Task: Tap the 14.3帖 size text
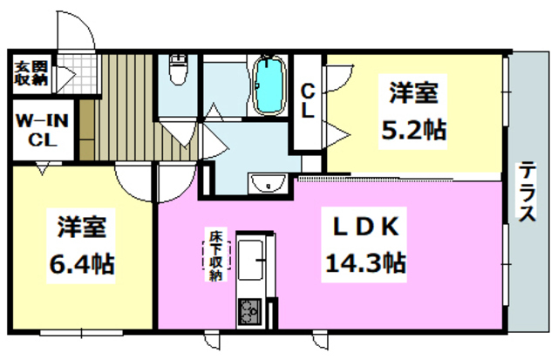click(365, 261)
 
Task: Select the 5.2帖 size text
click(413, 130)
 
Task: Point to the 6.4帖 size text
click(83, 261)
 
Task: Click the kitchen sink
click(252, 258)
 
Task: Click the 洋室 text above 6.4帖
click(83, 228)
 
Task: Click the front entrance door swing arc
click(84, 35)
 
